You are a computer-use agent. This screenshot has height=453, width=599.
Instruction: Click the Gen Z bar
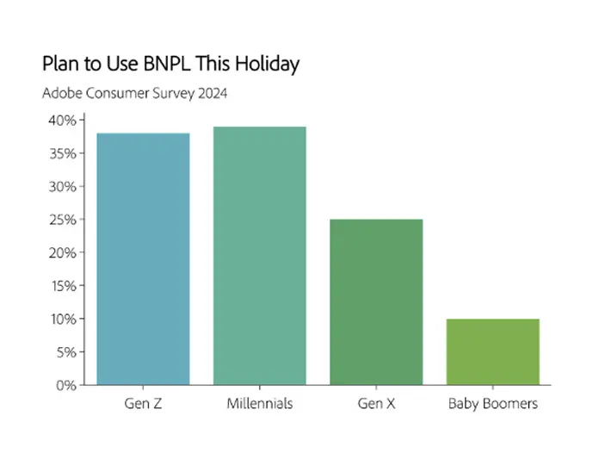143,258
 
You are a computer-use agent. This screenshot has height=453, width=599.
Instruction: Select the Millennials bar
260,256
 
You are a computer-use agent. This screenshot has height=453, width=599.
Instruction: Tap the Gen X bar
376,301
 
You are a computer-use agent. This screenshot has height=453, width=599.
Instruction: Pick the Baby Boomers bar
493,351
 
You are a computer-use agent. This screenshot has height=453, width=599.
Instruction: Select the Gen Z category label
143,403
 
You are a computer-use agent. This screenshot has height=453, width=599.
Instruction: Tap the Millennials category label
260,403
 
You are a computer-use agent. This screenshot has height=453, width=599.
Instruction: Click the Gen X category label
376,403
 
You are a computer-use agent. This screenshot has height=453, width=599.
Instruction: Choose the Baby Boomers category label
493,403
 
